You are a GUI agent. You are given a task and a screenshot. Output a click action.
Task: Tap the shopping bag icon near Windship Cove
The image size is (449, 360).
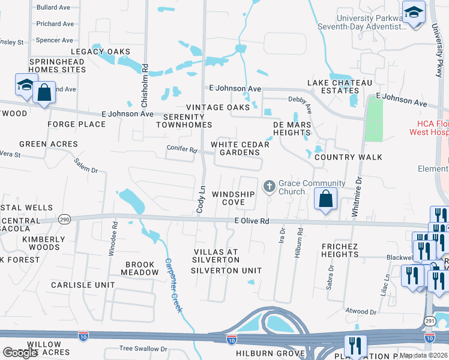(325, 199)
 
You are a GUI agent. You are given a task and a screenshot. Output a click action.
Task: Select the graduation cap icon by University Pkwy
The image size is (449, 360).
(414, 13)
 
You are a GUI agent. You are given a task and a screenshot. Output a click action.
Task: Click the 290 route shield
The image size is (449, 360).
(64, 220)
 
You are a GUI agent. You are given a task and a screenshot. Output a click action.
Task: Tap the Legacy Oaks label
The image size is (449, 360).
(101, 52)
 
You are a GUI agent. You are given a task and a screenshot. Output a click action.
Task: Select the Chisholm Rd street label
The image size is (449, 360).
(145, 85)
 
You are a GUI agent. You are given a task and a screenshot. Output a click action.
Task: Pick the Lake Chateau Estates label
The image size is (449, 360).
(340, 86)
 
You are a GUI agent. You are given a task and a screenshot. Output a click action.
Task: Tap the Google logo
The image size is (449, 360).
(20, 353)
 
